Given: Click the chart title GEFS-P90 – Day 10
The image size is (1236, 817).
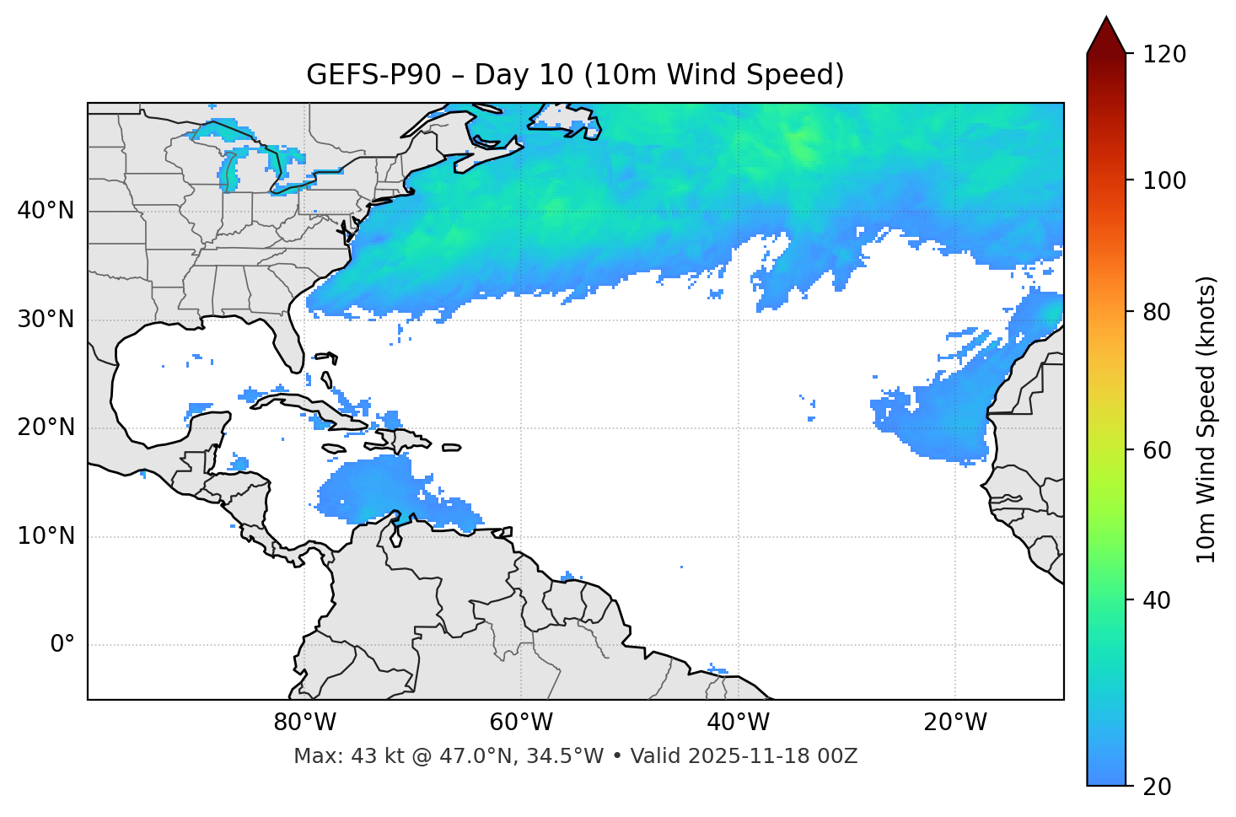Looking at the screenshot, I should [575, 75].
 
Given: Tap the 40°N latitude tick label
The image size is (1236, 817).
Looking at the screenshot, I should [46, 211].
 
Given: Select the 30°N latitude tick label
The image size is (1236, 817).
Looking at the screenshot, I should [46, 320].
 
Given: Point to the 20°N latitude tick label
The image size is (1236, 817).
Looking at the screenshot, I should [46, 427].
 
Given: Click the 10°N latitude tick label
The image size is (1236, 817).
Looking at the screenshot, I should [46, 536].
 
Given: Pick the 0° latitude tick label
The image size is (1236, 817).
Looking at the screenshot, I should [62, 645].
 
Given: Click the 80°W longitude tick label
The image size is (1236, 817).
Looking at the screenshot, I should [304, 723].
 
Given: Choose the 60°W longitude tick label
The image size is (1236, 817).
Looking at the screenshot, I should [521, 723].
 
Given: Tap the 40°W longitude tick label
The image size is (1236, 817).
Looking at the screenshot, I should [738, 723].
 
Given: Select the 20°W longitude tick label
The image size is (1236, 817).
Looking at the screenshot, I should [954, 723].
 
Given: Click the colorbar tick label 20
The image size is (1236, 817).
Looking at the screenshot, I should [1157, 787].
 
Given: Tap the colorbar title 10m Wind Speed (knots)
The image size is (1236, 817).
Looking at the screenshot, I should [1206, 419].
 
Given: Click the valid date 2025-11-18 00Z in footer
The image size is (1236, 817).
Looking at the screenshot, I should [772, 756].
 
